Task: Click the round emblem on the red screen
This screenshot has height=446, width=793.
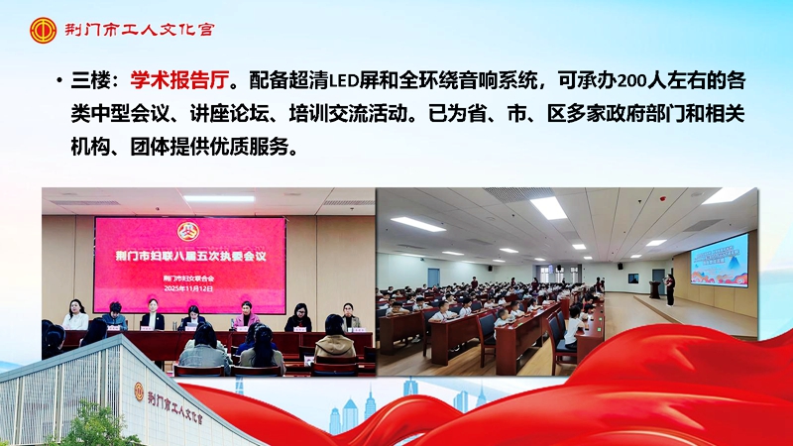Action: coord(187,231)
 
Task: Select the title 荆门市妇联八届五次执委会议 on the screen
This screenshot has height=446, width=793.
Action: coord(188,256)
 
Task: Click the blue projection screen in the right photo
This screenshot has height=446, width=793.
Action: coord(719,259)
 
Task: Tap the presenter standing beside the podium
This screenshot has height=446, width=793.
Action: coord(670,288)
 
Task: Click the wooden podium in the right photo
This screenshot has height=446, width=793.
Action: coord(654,289)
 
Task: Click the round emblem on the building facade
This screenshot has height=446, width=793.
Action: coord(138,391)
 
